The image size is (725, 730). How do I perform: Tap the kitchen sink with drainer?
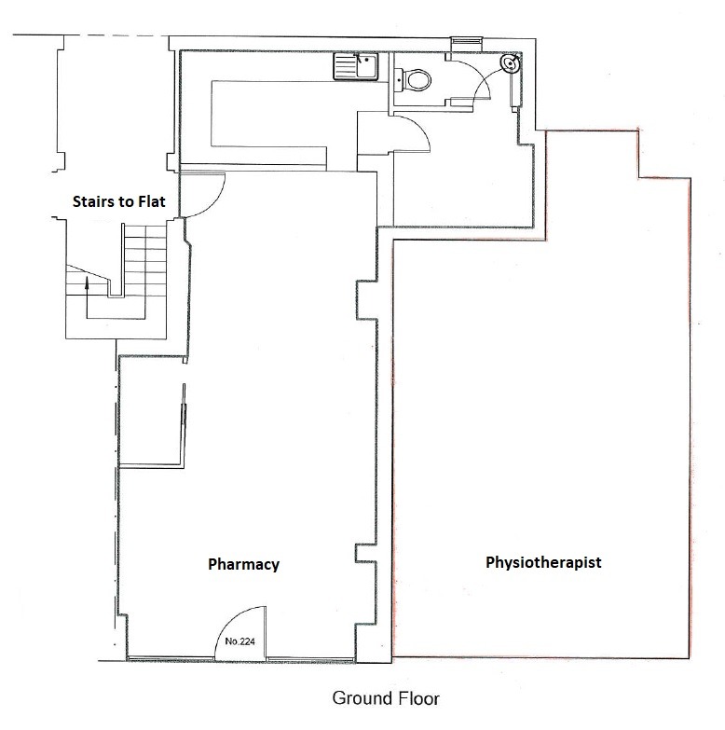tap(356, 66)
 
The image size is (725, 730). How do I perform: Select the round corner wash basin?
tap(511, 63)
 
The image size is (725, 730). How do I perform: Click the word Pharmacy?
tap(243, 564)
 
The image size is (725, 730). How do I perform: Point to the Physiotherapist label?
tap(543, 562)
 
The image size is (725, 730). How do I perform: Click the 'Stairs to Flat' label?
tap(119, 201)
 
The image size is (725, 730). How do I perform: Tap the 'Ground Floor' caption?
tap(386, 698)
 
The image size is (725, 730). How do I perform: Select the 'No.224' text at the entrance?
tap(240, 641)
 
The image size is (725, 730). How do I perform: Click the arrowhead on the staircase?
tap(87, 282)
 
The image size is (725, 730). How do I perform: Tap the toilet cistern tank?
tap(399, 79)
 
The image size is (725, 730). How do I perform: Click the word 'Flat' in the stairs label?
tap(151, 201)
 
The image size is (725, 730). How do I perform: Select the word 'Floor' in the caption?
tap(417, 698)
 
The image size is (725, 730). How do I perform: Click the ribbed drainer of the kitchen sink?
tap(345, 66)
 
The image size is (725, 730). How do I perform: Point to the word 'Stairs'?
tap(93, 201)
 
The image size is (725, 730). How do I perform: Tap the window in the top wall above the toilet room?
tap(466, 41)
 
